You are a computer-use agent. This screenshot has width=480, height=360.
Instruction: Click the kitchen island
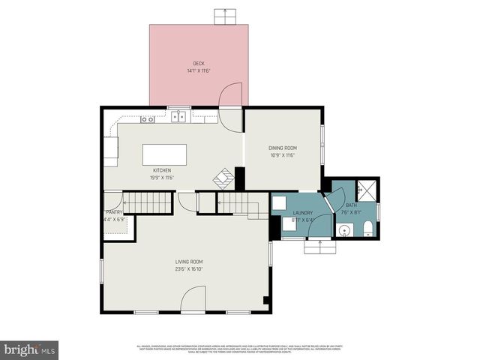pos(165,154)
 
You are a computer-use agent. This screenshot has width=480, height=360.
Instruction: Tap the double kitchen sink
pos(178,116)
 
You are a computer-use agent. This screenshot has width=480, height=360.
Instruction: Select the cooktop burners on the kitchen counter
pos(148,118)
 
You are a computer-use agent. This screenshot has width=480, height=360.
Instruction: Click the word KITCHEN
pos(163,170)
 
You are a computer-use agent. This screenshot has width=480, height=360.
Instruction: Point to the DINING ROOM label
pos(283,148)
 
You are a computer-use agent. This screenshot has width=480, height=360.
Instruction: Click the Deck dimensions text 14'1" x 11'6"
pos(199,71)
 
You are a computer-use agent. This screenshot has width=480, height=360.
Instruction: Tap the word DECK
pos(199,64)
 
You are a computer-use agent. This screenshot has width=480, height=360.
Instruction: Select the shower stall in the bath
pos(367,190)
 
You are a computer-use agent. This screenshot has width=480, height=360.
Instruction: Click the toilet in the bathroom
pos(368,228)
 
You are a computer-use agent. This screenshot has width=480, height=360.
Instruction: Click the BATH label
pos(351,205)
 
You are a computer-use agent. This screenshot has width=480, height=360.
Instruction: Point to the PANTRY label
pos(113,212)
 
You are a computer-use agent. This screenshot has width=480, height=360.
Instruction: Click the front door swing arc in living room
pos(193,302)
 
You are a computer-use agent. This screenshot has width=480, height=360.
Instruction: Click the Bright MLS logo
pos(30,349)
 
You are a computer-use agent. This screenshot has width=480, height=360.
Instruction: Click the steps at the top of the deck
pos(224,16)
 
